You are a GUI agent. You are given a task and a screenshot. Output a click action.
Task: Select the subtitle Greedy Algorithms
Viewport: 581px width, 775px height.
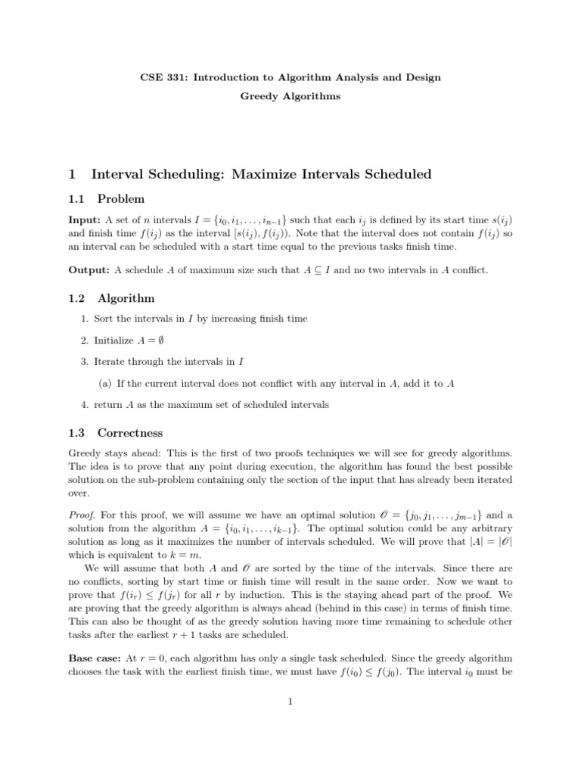(x=290, y=96)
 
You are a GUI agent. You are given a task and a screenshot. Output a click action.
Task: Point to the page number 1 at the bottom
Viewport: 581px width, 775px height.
(x=290, y=702)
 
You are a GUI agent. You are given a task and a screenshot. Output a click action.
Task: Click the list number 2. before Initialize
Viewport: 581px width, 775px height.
(x=85, y=341)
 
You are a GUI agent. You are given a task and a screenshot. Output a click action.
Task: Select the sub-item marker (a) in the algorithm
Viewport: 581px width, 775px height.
(x=105, y=383)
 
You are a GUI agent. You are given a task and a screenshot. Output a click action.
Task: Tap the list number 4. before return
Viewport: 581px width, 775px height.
(x=85, y=405)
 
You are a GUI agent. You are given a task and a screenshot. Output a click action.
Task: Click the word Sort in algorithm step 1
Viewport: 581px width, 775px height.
(x=104, y=319)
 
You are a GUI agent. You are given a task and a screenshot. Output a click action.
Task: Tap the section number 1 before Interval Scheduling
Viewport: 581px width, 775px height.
(x=72, y=174)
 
